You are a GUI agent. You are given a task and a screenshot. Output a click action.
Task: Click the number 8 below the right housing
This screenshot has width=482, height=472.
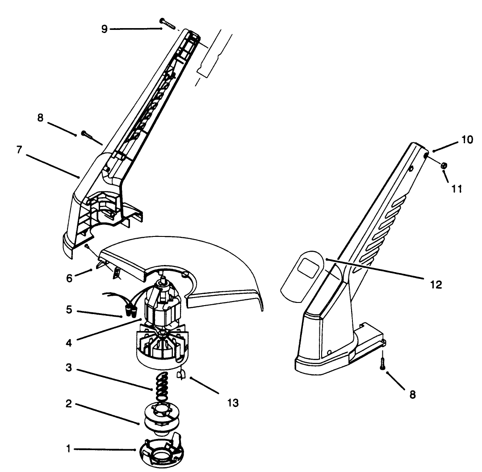pos(412,394)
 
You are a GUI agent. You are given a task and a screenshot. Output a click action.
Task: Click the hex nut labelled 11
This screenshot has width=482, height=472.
pos(444,166)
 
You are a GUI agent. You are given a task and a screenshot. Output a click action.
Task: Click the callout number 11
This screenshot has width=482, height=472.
pos(455,188)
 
